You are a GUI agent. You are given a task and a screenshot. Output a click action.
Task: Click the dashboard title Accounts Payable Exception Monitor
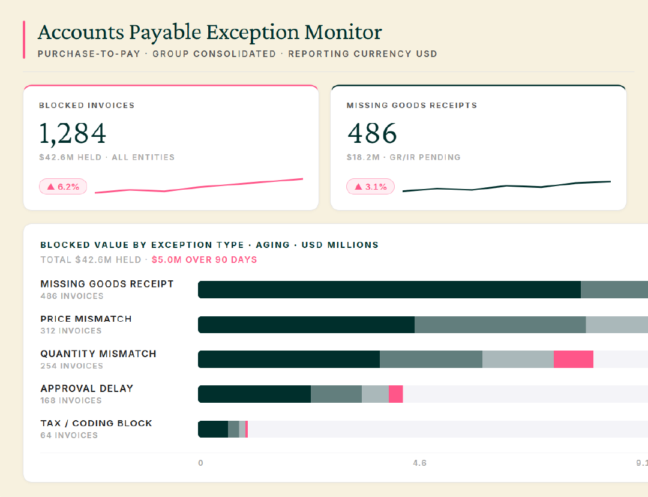coord(210,32)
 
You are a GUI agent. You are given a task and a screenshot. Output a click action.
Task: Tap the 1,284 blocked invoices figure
coord(73,133)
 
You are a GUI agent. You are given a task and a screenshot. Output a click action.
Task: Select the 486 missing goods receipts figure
coord(372,133)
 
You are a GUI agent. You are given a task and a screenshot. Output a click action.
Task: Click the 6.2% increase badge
coord(63,187)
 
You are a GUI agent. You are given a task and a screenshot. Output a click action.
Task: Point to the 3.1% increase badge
coord(370,187)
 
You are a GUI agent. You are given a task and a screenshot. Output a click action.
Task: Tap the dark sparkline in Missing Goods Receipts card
coord(506,186)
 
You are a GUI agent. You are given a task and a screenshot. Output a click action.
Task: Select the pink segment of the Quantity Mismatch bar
coord(574,360)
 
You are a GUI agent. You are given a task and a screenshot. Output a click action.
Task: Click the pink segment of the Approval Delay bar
coord(396,394)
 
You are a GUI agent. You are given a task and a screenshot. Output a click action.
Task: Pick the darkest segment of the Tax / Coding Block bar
coord(213,429)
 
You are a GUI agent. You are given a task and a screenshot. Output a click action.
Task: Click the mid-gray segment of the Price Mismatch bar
coord(500,325)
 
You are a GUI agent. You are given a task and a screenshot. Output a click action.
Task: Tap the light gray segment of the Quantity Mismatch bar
coord(518,360)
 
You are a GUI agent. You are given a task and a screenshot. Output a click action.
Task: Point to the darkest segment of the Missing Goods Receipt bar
coord(389,289)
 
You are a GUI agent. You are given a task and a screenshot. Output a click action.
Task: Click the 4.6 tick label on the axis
coord(419,463)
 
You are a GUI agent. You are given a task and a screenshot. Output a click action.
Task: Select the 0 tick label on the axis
coord(200,463)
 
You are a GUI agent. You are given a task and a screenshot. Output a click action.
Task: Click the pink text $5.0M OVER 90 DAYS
coord(204,260)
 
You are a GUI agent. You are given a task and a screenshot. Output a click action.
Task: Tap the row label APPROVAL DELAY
coord(87,389)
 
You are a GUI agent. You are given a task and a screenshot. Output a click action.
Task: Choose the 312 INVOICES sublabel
coord(71,331)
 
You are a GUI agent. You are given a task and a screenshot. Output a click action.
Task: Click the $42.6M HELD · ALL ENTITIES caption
coord(107,157)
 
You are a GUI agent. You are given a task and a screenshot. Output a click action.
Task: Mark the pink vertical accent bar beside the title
coord(24,40)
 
